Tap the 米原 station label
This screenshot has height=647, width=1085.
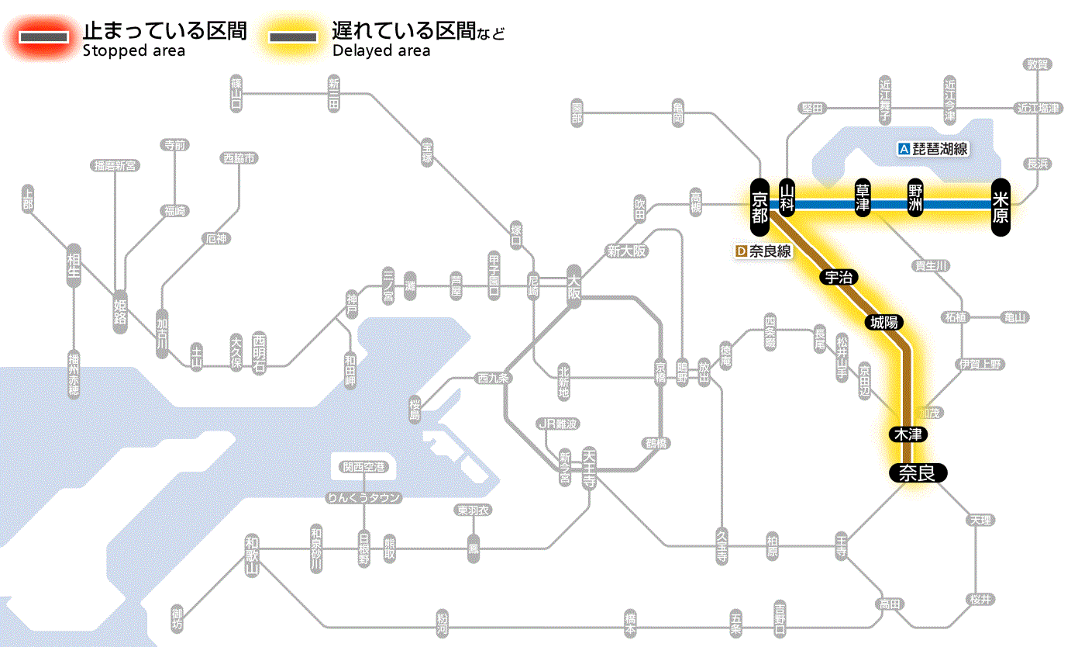point(1001,206)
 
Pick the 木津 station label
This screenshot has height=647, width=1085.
point(909,434)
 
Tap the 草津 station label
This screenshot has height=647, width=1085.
point(863,199)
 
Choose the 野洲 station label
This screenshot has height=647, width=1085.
point(916,199)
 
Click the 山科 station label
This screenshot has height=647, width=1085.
point(788,199)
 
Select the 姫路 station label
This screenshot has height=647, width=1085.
point(120,311)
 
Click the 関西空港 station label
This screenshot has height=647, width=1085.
point(364,467)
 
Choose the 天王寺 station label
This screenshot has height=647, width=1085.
point(590,469)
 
